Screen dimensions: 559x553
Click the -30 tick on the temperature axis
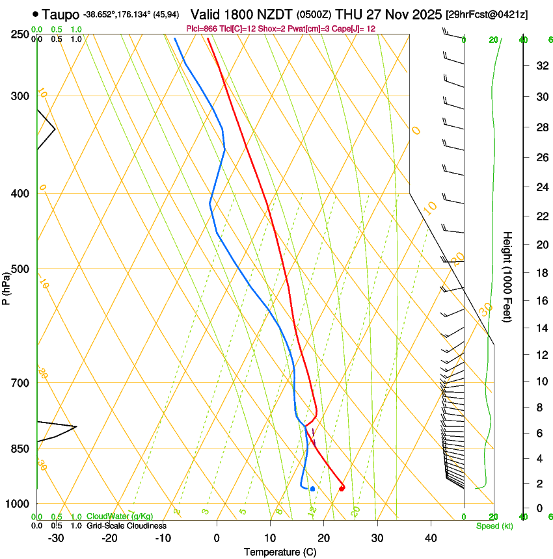tap(56, 538)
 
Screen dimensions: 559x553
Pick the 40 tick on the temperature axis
tap(431, 538)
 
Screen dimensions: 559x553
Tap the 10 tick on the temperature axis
tap(270, 538)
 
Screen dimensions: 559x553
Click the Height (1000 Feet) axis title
tap(507, 276)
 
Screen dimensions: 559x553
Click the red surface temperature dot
tap(342, 489)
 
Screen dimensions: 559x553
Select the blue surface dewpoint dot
tap(313, 489)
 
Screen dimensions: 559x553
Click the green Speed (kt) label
tap(494, 526)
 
